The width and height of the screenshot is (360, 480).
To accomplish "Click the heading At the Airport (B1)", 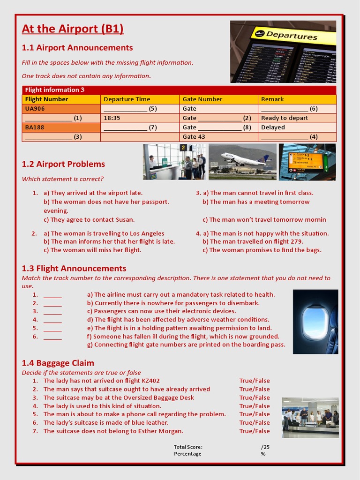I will pyautogui.click(x=73, y=29).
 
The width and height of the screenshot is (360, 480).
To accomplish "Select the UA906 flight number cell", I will pyautogui.click(x=61, y=109).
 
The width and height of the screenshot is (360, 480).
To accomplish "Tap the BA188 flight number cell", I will pyautogui.click(x=61, y=127).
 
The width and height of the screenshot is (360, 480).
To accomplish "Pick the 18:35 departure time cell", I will pyautogui.click(x=140, y=118).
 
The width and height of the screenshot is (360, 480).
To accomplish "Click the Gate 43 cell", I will pyautogui.click(x=218, y=137).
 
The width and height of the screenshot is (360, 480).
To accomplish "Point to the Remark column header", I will pyautogui.click(x=297, y=99).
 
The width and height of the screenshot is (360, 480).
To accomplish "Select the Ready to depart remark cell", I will pyautogui.click(x=297, y=118).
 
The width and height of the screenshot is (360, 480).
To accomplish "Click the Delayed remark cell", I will pyautogui.click(x=297, y=127).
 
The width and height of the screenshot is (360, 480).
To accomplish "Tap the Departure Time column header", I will pyautogui.click(x=140, y=99).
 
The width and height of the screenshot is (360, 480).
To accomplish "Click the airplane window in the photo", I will pyautogui.click(x=315, y=322).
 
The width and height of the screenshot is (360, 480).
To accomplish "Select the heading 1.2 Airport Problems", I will pyautogui.click(x=63, y=164).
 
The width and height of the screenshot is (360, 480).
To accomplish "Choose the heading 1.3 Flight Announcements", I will pyautogui.click(x=74, y=269).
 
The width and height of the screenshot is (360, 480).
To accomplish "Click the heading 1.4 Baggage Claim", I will pyautogui.click(x=58, y=363).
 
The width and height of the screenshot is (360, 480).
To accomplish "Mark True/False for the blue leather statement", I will pyautogui.click(x=255, y=423).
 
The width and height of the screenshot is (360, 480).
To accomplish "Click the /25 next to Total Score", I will pyautogui.click(x=265, y=447).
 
